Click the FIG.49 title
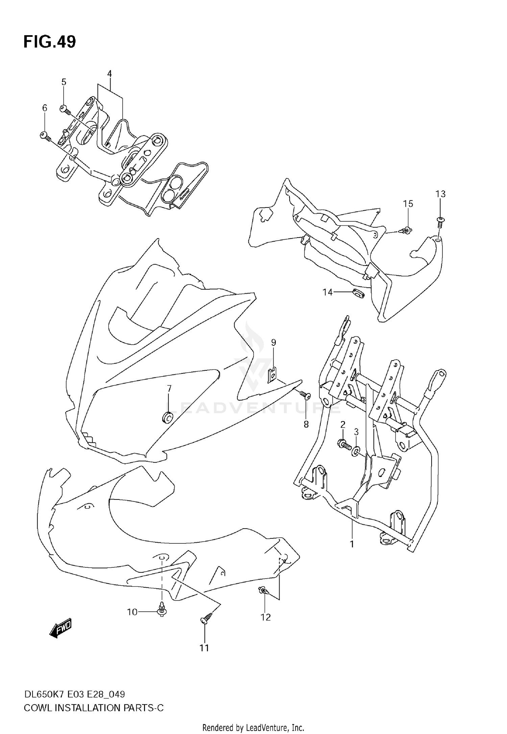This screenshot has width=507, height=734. coord(50,42)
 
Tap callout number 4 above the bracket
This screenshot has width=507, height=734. coord(109,73)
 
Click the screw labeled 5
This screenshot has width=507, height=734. coord(64,109)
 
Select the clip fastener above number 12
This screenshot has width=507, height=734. coord(263,590)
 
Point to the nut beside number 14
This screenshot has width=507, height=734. coord(358,293)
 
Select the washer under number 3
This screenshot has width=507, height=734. coord(356,452)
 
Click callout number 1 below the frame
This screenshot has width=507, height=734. coord(352,544)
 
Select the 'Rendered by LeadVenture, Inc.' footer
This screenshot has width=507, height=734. coord(253,727)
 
